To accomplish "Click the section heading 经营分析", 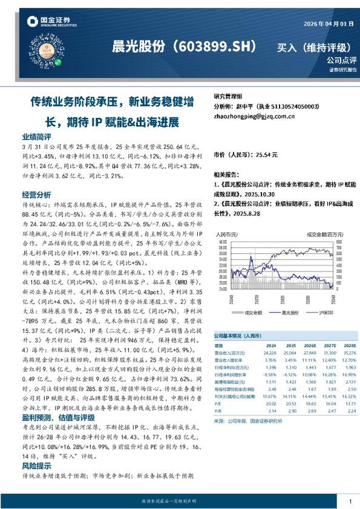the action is [x=36, y=195].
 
